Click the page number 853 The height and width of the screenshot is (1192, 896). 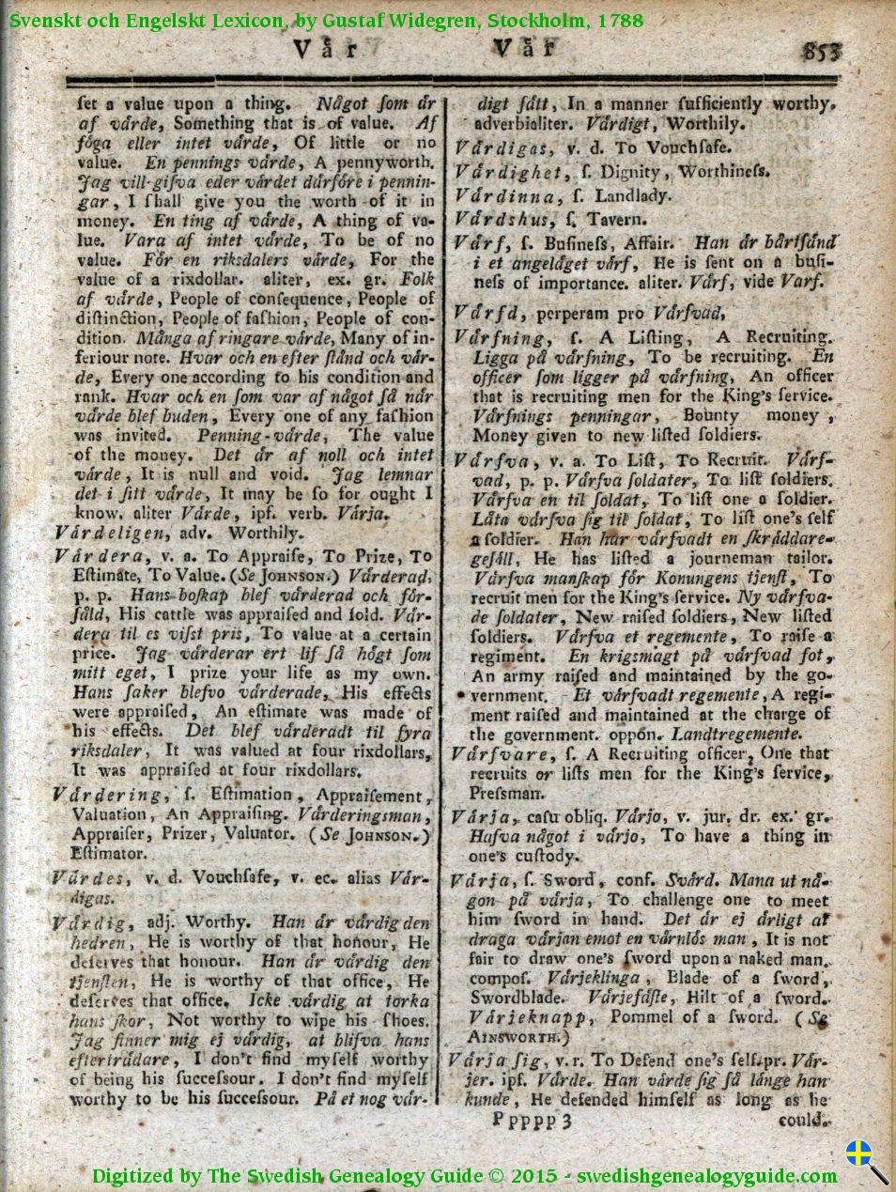click(822, 51)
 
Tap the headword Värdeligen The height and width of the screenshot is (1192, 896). click(110, 533)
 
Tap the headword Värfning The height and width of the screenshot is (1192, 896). click(499, 337)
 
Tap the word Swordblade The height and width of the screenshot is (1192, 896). click(517, 998)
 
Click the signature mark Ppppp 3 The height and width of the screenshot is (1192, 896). click(532, 1120)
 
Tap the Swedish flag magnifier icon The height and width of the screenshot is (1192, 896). click(866, 1160)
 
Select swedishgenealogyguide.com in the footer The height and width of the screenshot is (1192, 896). click(706, 1175)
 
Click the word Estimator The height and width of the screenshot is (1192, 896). click(109, 854)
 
